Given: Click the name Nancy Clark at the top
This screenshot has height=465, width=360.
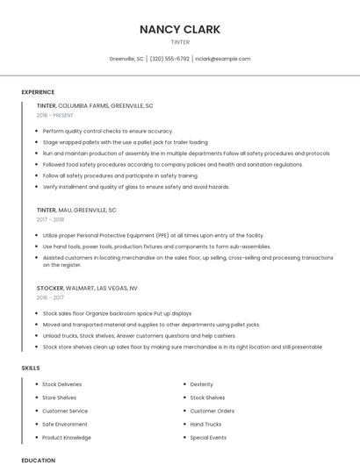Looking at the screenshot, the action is [x=179, y=29].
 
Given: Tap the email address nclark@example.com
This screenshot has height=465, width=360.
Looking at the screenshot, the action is [x=222, y=59].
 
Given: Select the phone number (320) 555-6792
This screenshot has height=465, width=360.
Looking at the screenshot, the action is [x=169, y=59].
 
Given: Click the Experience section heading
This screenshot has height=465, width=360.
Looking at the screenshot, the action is [x=38, y=91].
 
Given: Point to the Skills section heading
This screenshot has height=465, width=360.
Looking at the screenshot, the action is [x=31, y=368].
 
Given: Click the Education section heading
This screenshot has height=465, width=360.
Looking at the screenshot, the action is [x=38, y=460].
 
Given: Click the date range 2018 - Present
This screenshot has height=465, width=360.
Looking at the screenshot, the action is [x=55, y=115].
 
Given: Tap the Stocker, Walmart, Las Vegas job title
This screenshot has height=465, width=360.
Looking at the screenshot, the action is [x=87, y=288].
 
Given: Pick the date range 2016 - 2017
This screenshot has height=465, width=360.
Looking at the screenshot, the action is [x=50, y=297].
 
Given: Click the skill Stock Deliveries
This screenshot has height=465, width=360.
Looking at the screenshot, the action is [x=61, y=384].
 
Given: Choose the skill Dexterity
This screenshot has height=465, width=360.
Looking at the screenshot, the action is [x=201, y=384].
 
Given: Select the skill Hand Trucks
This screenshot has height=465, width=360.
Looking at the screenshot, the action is [x=205, y=424].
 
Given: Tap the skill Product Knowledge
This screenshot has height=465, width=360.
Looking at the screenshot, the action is [x=66, y=437].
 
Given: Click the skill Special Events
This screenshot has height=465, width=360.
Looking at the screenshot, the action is [x=208, y=437].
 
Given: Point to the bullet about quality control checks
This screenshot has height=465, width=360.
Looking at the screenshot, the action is [x=107, y=131].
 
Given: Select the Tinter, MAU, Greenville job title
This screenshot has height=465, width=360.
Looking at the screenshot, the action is [x=76, y=211].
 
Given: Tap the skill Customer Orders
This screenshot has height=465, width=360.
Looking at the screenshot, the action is [x=212, y=411].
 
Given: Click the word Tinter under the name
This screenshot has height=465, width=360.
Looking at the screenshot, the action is [x=179, y=41].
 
